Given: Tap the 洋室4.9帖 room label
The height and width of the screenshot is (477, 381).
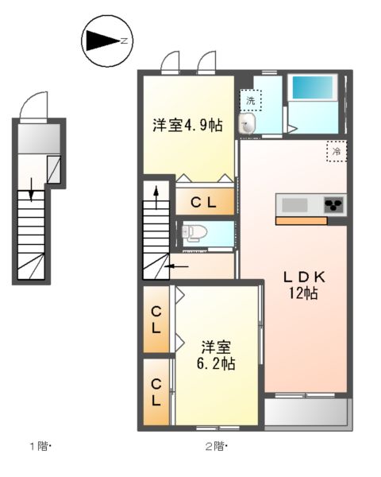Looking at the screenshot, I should tap(187, 125).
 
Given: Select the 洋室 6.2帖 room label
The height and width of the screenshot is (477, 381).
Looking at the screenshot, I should tap(216, 355).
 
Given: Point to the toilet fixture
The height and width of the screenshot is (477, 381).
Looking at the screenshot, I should tap(195, 232).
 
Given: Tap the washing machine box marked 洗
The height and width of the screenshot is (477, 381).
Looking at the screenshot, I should tap(250, 100).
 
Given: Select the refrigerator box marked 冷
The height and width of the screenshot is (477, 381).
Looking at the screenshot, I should tap(336, 150).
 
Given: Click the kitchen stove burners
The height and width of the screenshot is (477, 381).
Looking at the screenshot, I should tap(334, 205).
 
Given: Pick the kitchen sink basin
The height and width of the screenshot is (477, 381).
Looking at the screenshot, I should tap(294, 205).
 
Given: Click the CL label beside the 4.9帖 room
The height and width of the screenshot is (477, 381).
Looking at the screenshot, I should tap(204, 203).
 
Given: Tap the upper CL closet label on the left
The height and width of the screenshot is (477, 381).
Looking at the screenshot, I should tap(157, 318).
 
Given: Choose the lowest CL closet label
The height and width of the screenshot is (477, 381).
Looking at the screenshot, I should tap(157, 392).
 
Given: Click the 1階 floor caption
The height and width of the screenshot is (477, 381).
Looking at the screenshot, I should tap(40, 447).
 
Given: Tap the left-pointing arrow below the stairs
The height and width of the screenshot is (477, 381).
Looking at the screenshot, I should tap(176, 266).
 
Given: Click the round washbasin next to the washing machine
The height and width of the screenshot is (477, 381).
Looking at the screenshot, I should tap(248, 122).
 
